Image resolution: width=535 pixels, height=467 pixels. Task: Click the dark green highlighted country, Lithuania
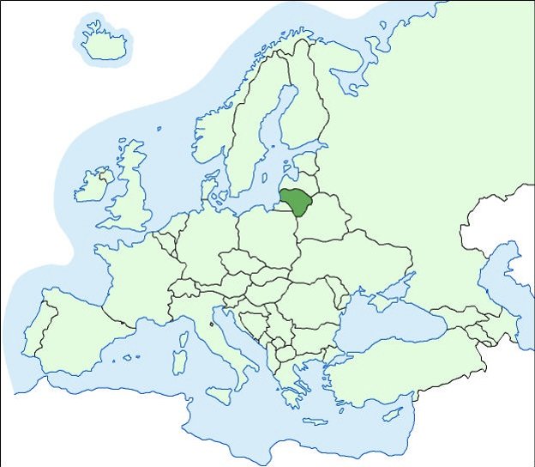point(298,203)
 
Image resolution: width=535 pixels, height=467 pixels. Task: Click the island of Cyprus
point(393,414)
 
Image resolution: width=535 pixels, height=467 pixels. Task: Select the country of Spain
point(73,331)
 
